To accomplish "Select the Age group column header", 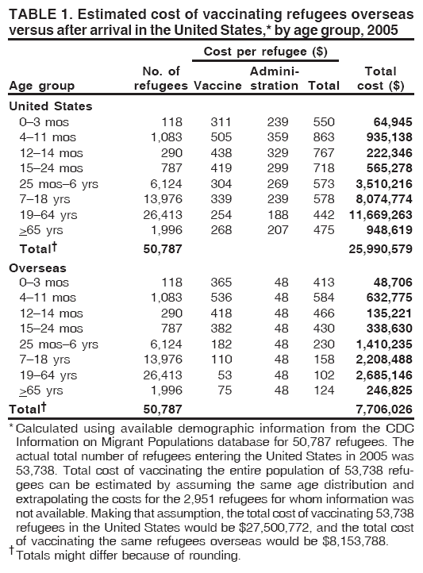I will (41, 86).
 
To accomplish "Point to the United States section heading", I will (50, 106).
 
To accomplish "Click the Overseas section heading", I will (38, 268).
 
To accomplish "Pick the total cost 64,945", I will (393, 122).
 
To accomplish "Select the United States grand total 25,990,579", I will (383, 249).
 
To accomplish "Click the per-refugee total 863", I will (313, 138).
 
